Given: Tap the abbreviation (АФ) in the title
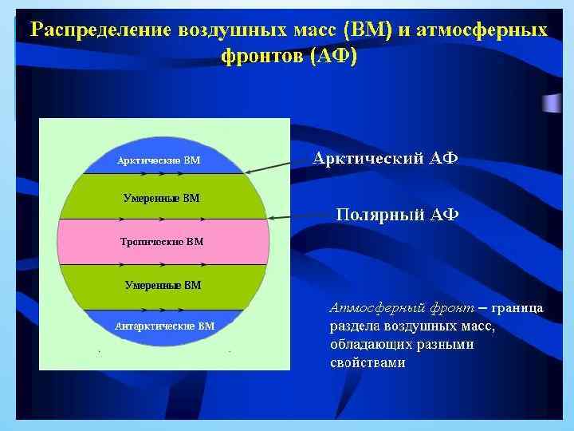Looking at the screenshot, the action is pyautogui.click(x=328, y=57).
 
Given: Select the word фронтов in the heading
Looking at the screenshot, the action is pyautogui.click(x=257, y=57).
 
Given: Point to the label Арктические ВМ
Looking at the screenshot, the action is pyautogui.click(x=159, y=160).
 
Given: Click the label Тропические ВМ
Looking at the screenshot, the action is pyautogui.click(x=162, y=241).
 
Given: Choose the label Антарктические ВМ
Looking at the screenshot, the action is pyautogui.click(x=165, y=326).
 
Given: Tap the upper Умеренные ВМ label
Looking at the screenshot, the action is pyautogui.click(x=162, y=197).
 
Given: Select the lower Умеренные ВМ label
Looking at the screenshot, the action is pyautogui.click(x=163, y=284).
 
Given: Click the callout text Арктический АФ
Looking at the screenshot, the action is pyautogui.click(x=385, y=158).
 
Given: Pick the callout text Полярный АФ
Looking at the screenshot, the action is pyautogui.click(x=397, y=214).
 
